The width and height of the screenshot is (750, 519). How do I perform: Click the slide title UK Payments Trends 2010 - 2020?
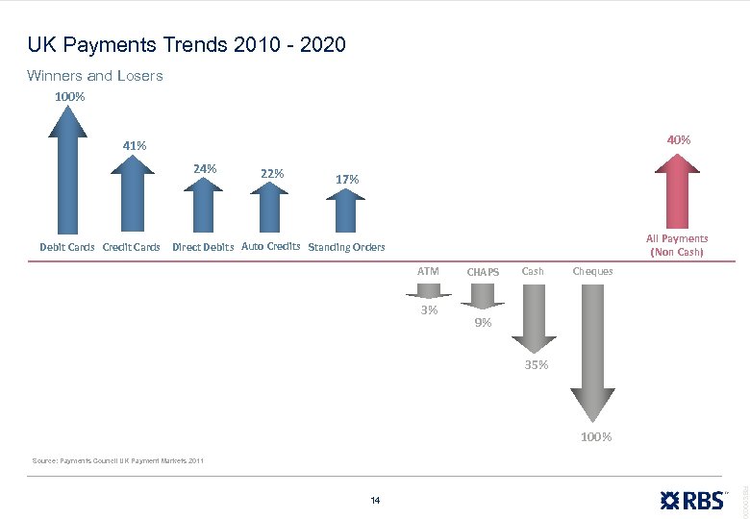(x=187, y=45)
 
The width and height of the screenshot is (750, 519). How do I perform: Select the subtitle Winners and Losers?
(x=95, y=76)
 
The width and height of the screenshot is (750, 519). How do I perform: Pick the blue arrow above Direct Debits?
(x=203, y=208)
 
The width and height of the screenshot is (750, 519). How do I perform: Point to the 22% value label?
(x=272, y=173)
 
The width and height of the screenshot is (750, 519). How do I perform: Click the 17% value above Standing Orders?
(x=347, y=179)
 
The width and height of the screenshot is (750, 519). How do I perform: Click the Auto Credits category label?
(x=270, y=246)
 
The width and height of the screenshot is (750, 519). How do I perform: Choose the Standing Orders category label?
(x=346, y=248)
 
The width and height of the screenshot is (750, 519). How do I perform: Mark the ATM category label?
(x=428, y=271)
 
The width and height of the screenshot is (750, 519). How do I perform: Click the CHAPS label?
(x=482, y=272)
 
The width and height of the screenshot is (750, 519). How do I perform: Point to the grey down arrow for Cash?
(x=533, y=317)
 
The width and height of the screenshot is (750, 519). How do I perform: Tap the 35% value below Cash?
(x=537, y=365)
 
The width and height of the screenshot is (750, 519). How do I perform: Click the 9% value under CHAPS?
(x=483, y=323)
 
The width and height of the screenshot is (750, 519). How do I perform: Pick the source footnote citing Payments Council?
(x=117, y=462)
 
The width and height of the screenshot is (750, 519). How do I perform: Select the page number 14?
(x=375, y=500)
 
